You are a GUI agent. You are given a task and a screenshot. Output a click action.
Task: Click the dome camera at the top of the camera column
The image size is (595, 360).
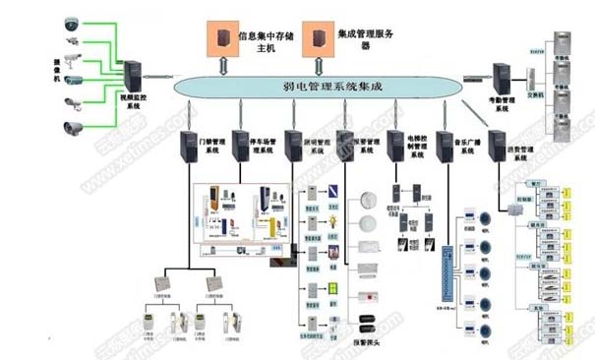point(72,23)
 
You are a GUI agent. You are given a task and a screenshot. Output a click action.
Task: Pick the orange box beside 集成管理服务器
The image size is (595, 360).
point(317,38)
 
